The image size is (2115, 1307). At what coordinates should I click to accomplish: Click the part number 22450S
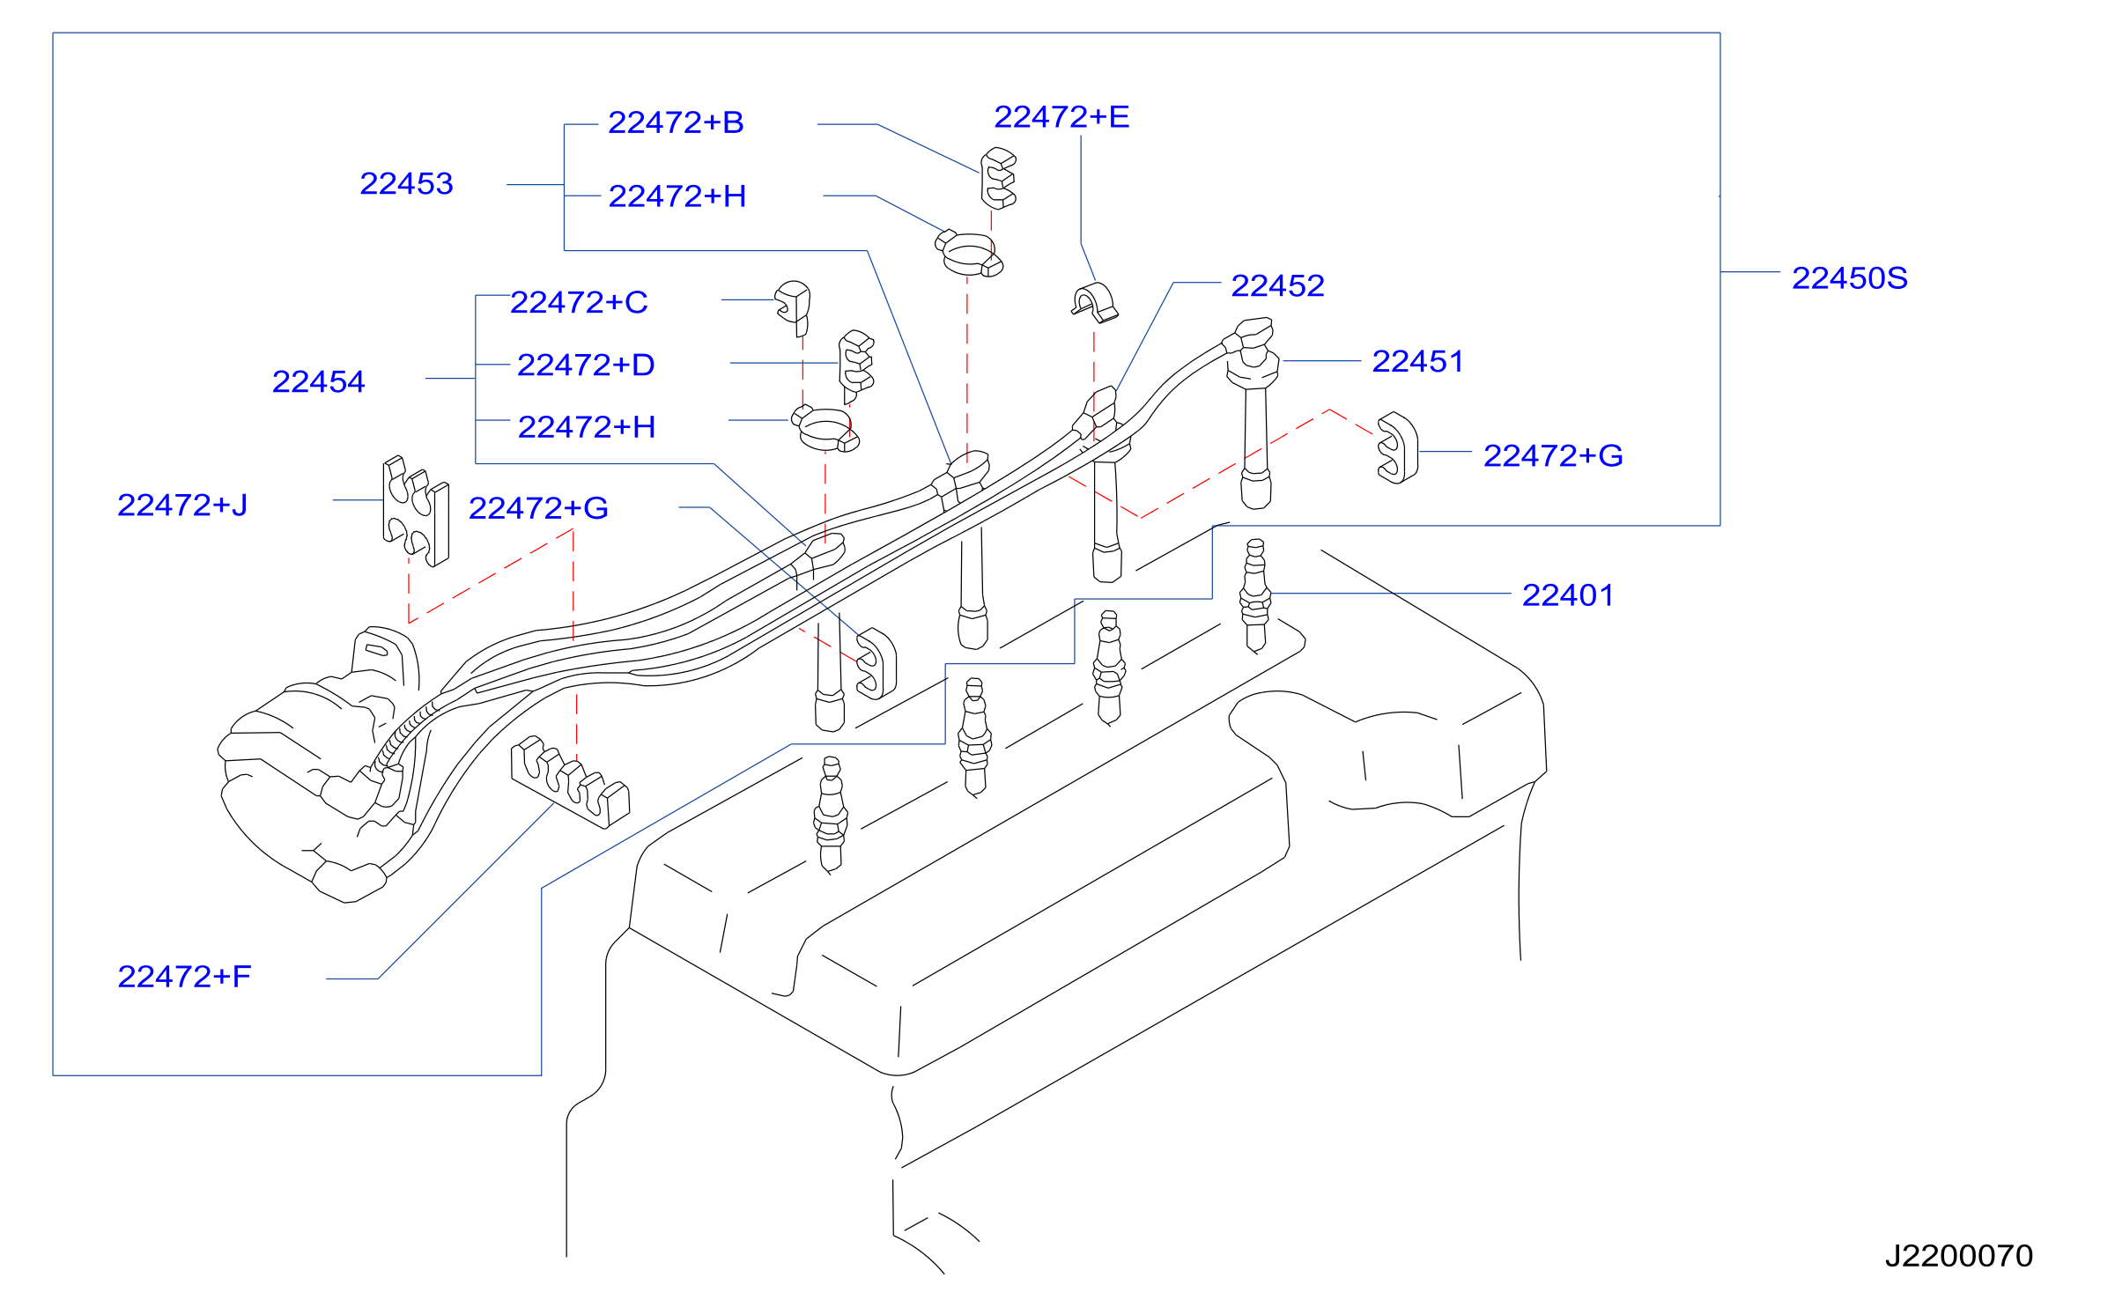click(1849, 278)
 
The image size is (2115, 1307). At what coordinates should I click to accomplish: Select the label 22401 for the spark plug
click(1568, 595)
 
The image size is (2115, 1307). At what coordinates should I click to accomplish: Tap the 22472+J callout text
click(182, 505)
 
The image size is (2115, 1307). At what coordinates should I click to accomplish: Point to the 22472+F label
click(184, 976)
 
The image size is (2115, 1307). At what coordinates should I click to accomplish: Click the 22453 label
click(406, 183)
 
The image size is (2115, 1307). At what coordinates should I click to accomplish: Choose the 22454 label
click(318, 381)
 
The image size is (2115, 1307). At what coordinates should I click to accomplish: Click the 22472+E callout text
click(1061, 116)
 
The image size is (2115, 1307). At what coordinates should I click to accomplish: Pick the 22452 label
click(1277, 285)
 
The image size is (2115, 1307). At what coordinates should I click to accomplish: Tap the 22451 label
click(1417, 361)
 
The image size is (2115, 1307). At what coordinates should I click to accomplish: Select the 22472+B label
click(676, 122)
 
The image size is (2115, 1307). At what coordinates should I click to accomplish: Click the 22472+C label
click(579, 302)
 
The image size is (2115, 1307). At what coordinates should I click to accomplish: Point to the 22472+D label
click(586, 365)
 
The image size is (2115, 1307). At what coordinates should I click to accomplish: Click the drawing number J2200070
click(1959, 1255)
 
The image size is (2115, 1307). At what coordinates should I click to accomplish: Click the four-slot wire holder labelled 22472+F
click(570, 780)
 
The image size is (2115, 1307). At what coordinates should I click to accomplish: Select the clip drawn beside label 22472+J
click(416, 511)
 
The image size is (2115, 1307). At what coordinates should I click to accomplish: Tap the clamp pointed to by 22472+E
click(1095, 302)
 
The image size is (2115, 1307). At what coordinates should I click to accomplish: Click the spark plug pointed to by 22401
click(1255, 595)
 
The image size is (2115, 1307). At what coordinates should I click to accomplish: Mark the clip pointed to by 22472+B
click(998, 178)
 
